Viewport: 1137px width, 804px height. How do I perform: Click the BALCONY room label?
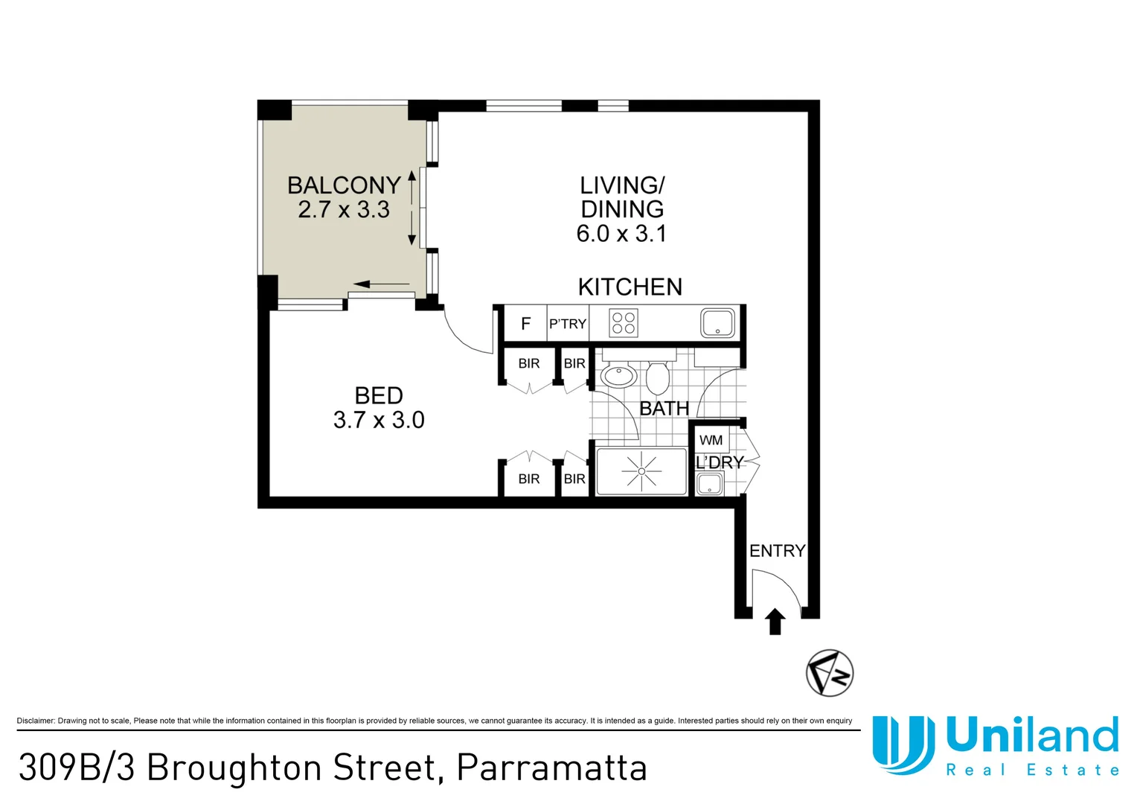coord(344,185)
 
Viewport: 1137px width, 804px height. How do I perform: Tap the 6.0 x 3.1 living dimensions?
coord(621,234)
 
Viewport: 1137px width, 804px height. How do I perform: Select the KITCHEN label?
coord(630,287)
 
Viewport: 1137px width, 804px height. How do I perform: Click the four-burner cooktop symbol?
coord(624,324)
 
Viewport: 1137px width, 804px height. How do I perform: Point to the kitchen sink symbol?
coord(717,324)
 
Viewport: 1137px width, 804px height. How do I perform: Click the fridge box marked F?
coord(525,324)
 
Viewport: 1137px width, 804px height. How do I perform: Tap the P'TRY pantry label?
coord(568,324)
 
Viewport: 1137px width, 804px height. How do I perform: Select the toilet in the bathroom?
coord(657,377)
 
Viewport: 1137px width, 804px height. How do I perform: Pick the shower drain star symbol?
coord(641,471)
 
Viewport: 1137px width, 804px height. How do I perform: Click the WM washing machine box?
coord(711,440)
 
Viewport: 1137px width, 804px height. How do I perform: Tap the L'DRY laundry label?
coord(720,462)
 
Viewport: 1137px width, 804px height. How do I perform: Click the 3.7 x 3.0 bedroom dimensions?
coord(379,420)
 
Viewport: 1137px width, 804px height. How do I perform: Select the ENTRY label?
coord(777,551)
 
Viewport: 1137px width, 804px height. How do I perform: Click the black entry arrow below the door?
coord(775,621)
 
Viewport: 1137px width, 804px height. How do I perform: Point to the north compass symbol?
coord(830,673)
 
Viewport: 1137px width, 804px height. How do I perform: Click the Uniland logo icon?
coord(903,744)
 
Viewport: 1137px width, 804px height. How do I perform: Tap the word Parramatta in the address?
coord(551,768)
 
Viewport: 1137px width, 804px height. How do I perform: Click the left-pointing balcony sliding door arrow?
coord(381,284)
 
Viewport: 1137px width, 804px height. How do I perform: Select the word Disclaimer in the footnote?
coord(35,721)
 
